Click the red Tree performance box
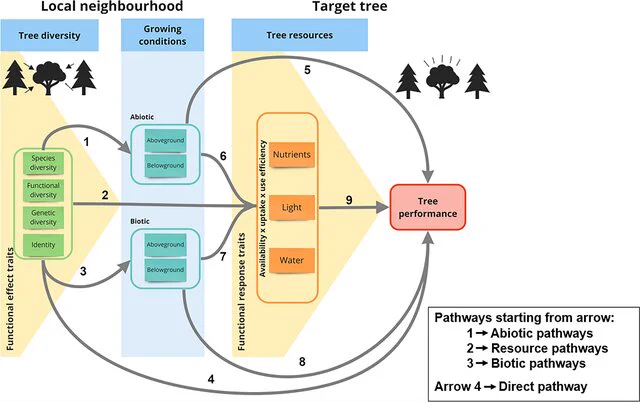point(428,207)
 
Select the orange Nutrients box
point(292,155)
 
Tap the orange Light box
point(292,207)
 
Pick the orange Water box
point(292,260)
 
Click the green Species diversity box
point(43,163)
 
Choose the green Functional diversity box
point(43,190)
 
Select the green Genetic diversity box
point(43,218)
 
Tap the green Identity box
point(43,245)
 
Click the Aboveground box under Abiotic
point(165,141)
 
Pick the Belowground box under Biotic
point(165,270)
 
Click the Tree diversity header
point(49,36)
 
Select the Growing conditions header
point(162,35)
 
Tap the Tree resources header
point(300,36)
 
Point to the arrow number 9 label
point(349,200)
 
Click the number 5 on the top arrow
point(307,70)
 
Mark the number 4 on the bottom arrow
point(211,380)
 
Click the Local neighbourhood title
point(112,7)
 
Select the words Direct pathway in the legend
point(543,386)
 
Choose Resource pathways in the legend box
point(549,349)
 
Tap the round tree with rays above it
point(442,77)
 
